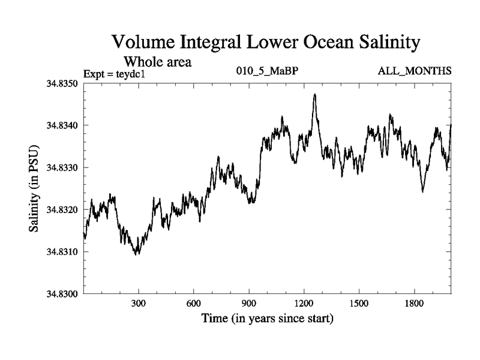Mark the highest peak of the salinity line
click(x=314, y=94)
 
